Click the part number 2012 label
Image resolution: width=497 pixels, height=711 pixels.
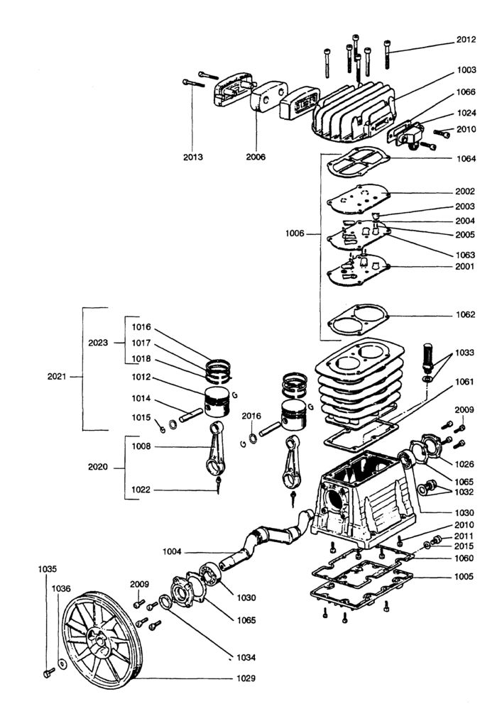[x=465, y=41]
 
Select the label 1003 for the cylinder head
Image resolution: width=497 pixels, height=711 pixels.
[x=465, y=71]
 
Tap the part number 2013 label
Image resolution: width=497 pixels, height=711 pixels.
[x=192, y=157]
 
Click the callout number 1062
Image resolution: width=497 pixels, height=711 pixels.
[x=465, y=314]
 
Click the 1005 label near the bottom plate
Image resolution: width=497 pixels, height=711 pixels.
[x=465, y=576]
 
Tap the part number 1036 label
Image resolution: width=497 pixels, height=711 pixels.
[x=61, y=588]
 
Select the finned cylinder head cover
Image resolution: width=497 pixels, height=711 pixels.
[x=355, y=114]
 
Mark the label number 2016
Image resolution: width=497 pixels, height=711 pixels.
[x=252, y=416]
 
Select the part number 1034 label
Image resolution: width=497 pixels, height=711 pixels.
[x=246, y=656]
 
